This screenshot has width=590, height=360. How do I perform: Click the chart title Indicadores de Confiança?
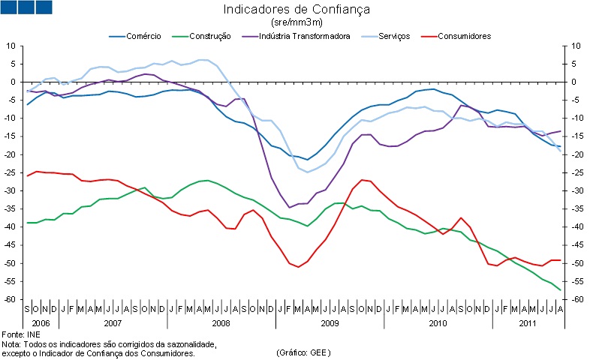297,10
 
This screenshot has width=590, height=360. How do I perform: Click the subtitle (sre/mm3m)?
296,22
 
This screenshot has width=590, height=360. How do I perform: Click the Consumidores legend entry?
464,35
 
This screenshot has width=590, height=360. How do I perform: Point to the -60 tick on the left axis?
11,299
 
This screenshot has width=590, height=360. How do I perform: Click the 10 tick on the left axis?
13,46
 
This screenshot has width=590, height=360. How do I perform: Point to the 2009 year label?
330,322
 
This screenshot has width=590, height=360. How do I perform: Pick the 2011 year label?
528,322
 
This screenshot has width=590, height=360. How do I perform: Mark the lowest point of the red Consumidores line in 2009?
299,266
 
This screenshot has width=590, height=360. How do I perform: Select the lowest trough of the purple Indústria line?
290,207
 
